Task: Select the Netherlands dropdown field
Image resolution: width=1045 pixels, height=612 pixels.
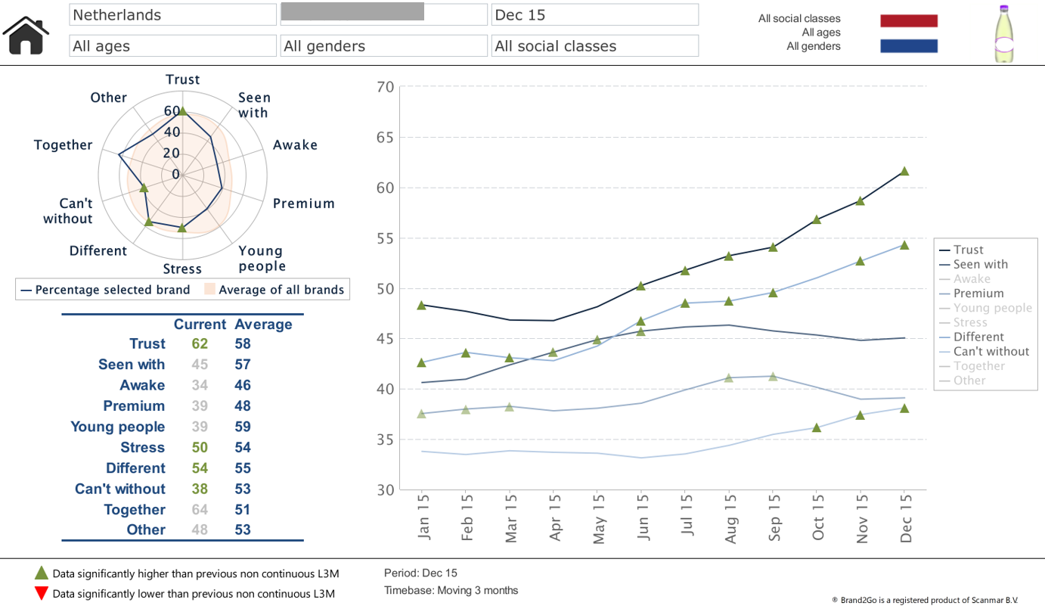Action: [x=172, y=14]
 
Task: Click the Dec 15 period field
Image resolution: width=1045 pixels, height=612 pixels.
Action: [x=594, y=14]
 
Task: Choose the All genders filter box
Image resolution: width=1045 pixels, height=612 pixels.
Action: [x=383, y=46]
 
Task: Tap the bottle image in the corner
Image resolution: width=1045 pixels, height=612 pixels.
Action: [x=1005, y=34]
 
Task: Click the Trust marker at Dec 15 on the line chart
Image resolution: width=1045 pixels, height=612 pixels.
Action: [x=904, y=171]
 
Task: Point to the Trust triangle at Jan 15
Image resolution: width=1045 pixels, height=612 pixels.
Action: [x=422, y=305]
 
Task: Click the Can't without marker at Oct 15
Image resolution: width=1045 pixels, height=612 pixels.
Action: [x=817, y=427]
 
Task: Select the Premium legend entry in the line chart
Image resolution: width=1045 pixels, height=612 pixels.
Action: [x=978, y=294]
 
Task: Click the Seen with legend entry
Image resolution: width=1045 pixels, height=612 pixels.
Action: [x=980, y=264]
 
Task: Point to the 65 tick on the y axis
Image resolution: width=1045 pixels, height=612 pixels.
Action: [x=386, y=138]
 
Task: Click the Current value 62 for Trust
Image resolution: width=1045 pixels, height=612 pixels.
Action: [x=200, y=343]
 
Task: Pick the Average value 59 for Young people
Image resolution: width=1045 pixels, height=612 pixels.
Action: [x=243, y=427]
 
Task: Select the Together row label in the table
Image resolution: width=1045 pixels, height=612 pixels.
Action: [x=134, y=510]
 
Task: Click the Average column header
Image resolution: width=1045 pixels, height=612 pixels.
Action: [x=263, y=325]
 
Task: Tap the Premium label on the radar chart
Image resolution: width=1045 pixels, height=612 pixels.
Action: [x=303, y=203]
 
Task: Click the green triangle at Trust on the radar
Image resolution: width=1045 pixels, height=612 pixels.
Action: [x=182, y=111]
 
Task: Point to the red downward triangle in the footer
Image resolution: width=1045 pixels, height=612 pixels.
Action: [x=42, y=593]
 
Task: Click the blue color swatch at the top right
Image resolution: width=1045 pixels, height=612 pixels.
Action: [x=908, y=46]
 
